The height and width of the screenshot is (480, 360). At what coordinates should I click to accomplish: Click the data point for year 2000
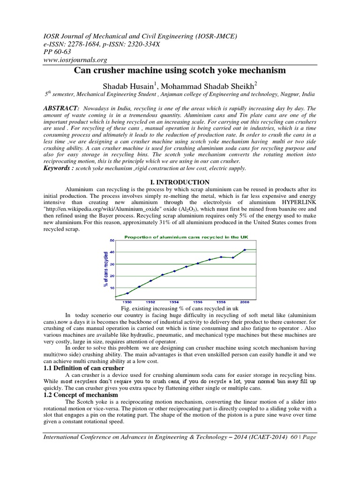click(245, 249)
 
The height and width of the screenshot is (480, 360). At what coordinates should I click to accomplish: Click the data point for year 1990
click(127, 293)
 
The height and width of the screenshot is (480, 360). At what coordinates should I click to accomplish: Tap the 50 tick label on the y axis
click(112, 240)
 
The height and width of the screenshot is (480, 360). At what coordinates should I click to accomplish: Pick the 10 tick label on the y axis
click(112, 287)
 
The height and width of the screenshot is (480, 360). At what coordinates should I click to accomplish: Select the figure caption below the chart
click(180, 310)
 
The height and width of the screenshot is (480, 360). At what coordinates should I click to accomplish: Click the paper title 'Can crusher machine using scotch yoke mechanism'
click(180, 71)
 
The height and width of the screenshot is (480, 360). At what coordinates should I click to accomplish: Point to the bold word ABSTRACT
click(60, 108)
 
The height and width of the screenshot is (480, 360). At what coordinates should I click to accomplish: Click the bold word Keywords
click(59, 167)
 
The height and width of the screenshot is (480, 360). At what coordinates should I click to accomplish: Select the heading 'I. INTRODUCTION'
click(180, 182)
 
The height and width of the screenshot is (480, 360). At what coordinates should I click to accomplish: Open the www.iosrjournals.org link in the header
click(75, 60)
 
